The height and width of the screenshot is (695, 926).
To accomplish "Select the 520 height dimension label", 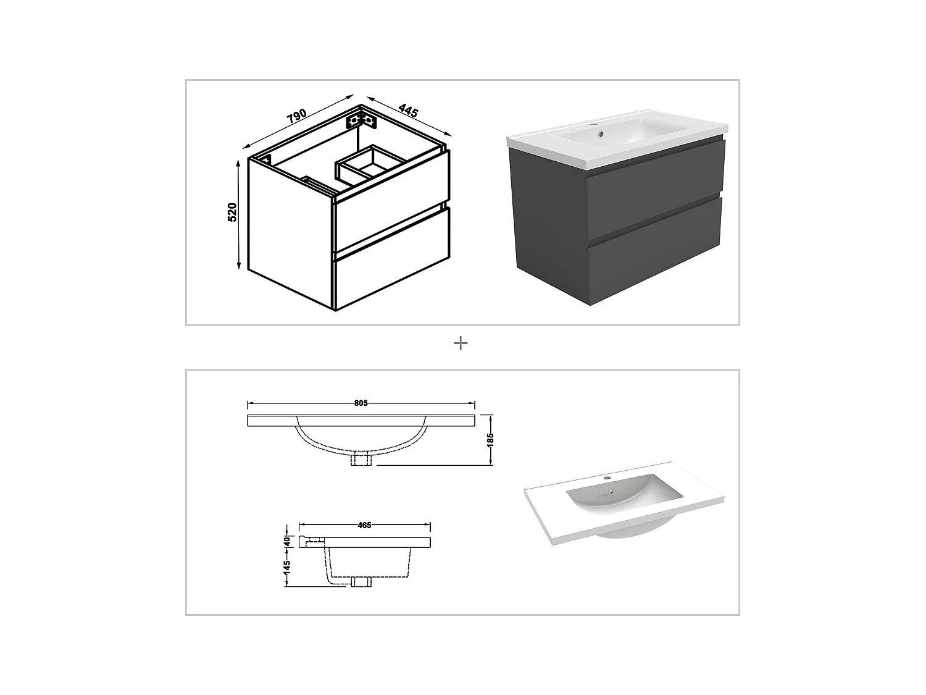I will pyautogui.click(x=232, y=212).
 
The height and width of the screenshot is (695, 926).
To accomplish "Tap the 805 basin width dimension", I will pyautogui.click(x=361, y=403).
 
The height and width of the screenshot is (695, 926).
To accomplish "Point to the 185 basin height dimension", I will pyautogui.click(x=491, y=440).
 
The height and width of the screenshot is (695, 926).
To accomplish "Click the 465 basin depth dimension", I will pyautogui.click(x=364, y=525).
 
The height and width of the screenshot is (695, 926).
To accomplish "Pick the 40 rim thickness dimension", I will pyautogui.click(x=287, y=540).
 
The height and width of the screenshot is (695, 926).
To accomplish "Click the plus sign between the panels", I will pyautogui.click(x=461, y=343).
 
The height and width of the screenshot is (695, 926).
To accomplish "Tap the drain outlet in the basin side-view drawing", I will pyautogui.click(x=361, y=582).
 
